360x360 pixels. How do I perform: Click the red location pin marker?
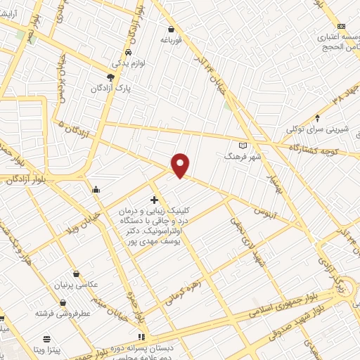tap(181, 165)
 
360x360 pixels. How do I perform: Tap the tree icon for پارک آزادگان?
tap(110, 77)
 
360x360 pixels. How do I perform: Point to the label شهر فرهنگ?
tap(243, 156)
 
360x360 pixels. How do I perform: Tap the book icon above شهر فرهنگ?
tap(243, 145)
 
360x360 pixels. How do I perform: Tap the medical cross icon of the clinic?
tap(154, 200)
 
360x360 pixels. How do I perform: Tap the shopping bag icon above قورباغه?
tap(172, 30)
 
